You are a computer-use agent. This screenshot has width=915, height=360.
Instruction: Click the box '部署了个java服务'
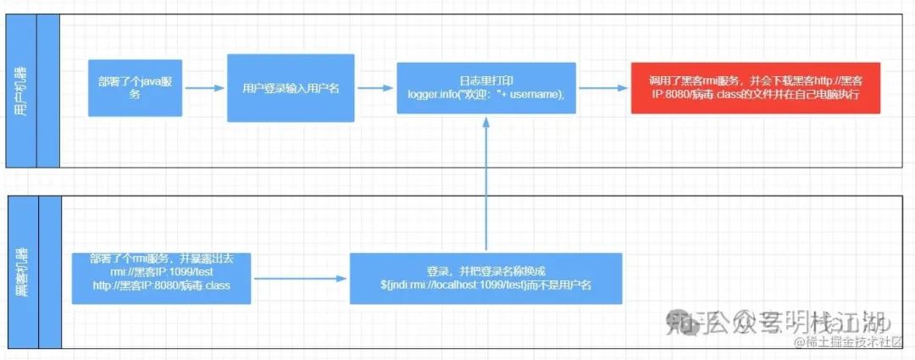click(136, 87)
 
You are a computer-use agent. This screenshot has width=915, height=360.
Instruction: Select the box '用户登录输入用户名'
click(291, 87)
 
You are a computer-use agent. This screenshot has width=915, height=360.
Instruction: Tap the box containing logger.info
click(485, 88)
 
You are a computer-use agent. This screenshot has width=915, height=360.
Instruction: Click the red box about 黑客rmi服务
click(757, 87)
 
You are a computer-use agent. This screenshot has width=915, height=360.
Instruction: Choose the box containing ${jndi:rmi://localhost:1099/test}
click(485, 278)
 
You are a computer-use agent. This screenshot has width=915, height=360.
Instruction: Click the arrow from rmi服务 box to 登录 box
click(301, 278)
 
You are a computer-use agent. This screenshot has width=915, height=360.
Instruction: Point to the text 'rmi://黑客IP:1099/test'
click(161, 272)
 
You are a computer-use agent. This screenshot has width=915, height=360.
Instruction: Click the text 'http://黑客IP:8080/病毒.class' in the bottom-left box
click(161, 285)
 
